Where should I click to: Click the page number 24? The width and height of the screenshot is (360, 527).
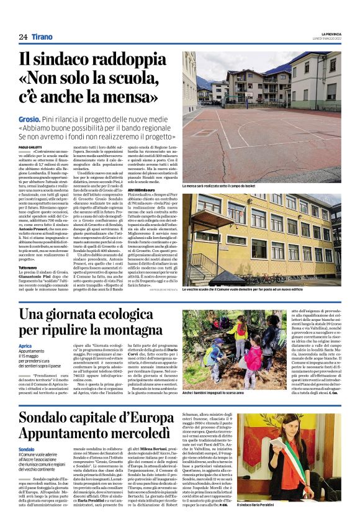[x=23, y=37]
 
